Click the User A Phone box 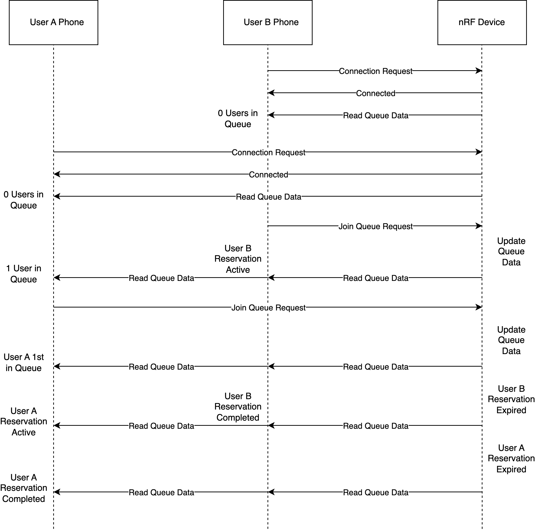(53, 22)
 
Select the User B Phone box (268, 22)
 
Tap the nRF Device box (482, 22)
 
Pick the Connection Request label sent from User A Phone (268, 152)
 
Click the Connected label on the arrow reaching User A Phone (268, 174)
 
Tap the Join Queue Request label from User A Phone (268, 308)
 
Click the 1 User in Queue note (24, 274)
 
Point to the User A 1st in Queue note (24, 362)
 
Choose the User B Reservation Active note (238, 259)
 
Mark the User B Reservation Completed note (238, 407)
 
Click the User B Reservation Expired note (511, 399)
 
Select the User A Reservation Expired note (511, 459)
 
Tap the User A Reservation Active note (24, 421)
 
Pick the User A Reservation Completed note (24, 488)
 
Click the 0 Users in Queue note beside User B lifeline (238, 119)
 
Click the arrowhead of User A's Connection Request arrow (479, 152)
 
